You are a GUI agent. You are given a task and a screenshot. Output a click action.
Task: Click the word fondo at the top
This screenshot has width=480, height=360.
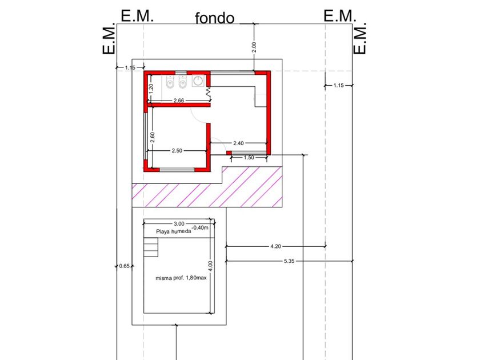(215, 18)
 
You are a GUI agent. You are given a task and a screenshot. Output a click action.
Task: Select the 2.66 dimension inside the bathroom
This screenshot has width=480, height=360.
(178, 101)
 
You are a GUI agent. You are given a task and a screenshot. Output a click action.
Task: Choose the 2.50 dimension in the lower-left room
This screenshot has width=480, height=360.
(177, 151)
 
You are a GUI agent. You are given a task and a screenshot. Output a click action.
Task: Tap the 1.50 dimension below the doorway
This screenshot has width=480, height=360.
(249, 158)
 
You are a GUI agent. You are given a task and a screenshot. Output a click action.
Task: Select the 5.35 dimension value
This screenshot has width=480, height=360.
(290, 261)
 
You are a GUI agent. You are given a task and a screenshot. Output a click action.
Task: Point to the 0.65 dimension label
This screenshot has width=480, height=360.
(125, 266)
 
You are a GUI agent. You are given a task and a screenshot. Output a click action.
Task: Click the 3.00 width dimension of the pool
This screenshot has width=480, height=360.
(179, 223)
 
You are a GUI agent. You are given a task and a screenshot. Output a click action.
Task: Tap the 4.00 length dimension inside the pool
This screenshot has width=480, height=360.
(210, 266)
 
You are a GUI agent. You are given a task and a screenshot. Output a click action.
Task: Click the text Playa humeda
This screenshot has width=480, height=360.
(173, 231)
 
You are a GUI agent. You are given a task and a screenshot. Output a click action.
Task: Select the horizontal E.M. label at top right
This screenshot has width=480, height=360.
(340, 15)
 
